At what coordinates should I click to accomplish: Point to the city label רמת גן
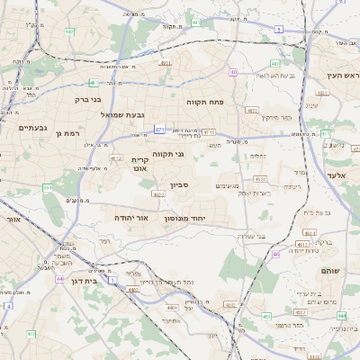68,133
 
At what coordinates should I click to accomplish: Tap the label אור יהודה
131,218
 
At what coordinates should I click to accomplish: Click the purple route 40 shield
233,73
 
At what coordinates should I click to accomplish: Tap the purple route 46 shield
276,255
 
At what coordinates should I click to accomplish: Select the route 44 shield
59,280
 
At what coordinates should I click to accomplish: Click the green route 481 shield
69,32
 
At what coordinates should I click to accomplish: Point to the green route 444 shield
341,316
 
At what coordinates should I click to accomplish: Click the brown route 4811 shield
166,63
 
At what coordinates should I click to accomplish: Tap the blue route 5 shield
279,30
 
